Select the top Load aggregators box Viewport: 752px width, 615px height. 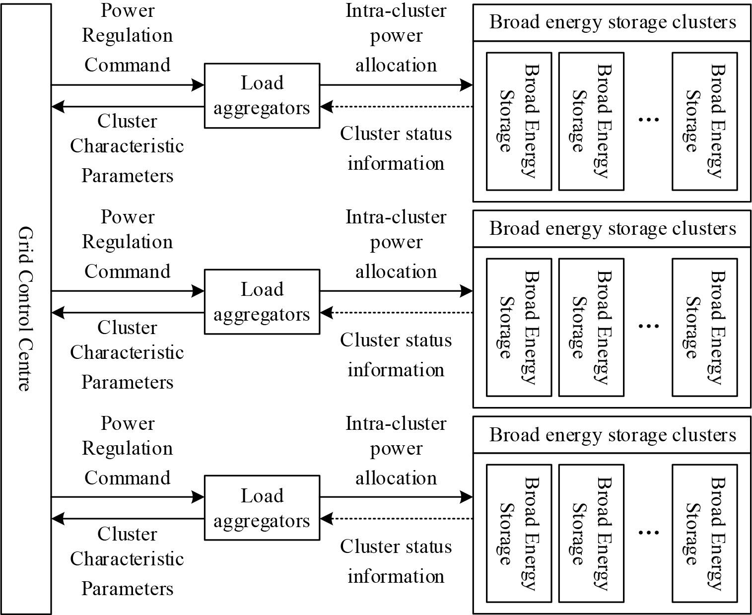262,95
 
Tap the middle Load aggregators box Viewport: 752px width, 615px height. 262,302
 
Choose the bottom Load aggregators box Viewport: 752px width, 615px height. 262,508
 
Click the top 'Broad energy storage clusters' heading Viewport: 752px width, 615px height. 612,22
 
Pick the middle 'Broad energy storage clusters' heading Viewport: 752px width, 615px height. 612,228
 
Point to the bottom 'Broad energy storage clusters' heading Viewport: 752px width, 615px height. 612,435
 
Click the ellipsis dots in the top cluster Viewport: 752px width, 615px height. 648,120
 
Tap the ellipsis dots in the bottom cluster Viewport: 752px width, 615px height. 648,532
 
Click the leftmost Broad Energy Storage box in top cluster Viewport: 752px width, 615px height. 519,121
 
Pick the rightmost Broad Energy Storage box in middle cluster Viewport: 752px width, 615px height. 704,327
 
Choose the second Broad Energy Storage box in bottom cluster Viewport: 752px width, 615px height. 591,533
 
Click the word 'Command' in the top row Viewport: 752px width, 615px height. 128,65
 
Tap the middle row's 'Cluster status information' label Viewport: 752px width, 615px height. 396,355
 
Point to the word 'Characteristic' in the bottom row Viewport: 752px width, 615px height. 127,559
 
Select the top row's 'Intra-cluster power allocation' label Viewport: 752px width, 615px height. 396,38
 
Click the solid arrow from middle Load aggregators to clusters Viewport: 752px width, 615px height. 396,291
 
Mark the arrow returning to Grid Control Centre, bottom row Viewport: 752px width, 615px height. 128,519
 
